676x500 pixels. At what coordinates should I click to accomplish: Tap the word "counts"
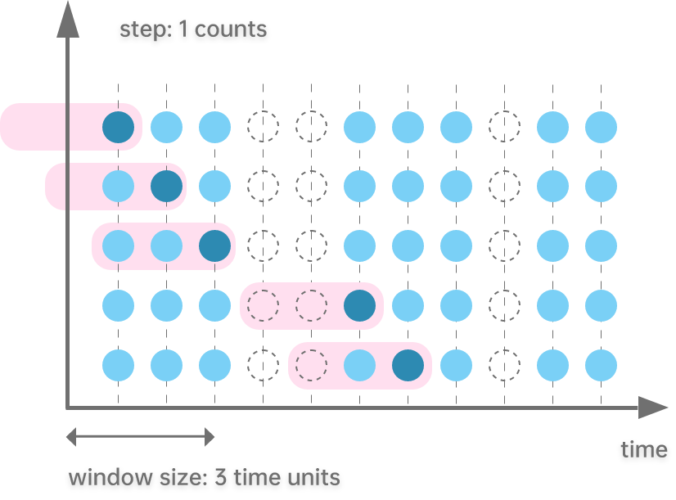pyautogui.click(x=230, y=30)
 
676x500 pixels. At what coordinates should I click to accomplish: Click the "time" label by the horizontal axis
pyautogui.click(x=643, y=449)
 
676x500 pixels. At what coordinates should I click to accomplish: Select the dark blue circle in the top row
pyautogui.click(x=118, y=127)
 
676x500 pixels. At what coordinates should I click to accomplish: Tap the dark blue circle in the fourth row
pyautogui.click(x=359, y=305)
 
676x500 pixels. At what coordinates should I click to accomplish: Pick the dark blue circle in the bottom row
pyautogui.click(x=408, y=365)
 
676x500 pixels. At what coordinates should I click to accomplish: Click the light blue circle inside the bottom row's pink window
pyautogui.click(x=359, y=365)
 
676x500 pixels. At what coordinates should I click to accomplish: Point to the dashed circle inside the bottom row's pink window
pyautogui.click(x=311, y=365)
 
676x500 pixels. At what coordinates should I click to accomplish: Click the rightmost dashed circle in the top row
pyautogui.click(x=504, y=127)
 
